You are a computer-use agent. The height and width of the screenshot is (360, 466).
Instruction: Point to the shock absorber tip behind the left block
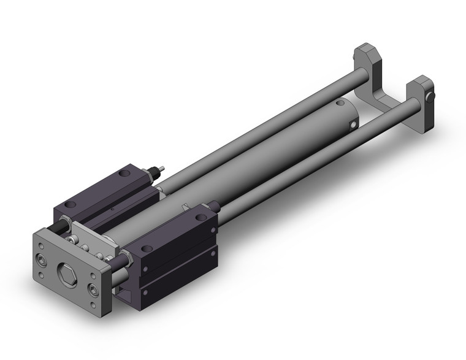point(161,169)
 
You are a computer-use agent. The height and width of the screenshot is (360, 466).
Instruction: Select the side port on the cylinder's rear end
point(354,126)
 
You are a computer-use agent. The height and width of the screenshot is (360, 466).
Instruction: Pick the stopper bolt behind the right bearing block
point(213,204)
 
